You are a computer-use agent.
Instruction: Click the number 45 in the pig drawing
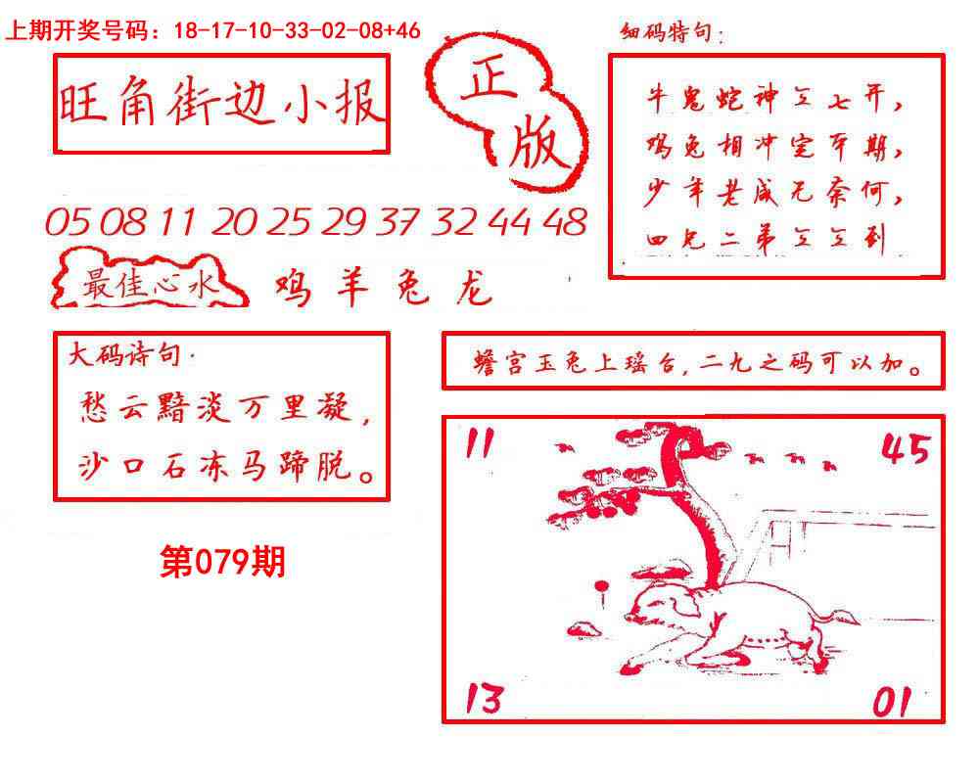coord(906,449)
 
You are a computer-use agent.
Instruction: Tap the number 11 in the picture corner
coord(478,445)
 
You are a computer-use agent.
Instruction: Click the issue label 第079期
coord(222,562)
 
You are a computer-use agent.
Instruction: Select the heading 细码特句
coord(672,35)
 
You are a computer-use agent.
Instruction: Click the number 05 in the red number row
coord(67,224)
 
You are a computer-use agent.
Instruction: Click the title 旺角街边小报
coord(221,105)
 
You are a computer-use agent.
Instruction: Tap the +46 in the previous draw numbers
coord(402,30)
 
